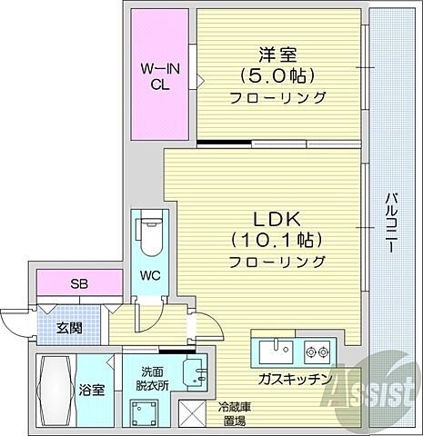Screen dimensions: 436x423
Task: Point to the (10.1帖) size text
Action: coord(278,241)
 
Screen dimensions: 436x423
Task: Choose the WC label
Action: coord(150,273)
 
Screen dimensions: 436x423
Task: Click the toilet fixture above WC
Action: coord(148,235)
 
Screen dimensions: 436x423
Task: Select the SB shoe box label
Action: coord(78,282)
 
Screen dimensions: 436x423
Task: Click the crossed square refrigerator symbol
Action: coord(194,414)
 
